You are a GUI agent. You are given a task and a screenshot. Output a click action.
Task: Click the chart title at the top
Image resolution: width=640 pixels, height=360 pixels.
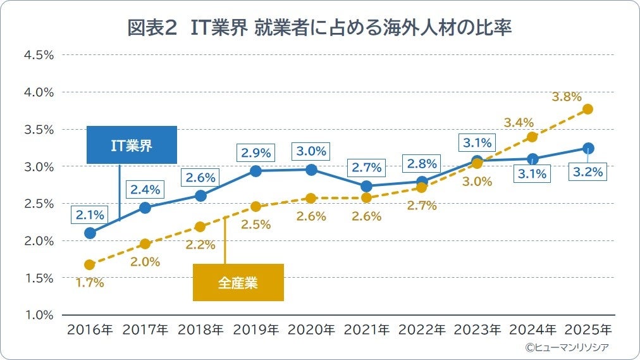coord(319,28)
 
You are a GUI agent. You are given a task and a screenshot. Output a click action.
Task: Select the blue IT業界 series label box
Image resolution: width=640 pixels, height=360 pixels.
coord(132,146)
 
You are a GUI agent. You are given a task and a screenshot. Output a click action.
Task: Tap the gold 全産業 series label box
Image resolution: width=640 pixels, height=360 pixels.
coord(238,282)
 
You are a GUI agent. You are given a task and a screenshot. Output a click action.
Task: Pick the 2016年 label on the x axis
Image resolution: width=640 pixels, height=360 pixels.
coord(89,330)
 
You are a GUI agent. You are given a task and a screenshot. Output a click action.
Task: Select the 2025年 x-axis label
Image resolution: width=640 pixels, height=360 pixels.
coord(588,330)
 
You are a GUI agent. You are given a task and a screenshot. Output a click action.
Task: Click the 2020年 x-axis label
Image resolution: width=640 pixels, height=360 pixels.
coord(311,330)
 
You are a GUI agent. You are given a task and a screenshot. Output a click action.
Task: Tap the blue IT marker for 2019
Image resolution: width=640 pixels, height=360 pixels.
coord(255,171)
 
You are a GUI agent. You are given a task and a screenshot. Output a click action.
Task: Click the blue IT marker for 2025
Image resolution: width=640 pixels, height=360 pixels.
coord(588,149)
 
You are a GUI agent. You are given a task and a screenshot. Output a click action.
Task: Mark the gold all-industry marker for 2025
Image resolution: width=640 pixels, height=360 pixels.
coord(588,109)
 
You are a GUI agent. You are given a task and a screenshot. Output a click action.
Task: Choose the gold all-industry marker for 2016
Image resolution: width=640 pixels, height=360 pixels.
coord(89,264)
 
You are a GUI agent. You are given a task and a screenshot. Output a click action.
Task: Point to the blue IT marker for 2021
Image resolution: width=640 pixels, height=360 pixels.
coord(366,186)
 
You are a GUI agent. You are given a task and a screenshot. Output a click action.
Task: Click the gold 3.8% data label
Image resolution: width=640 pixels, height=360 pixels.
coord(566,97)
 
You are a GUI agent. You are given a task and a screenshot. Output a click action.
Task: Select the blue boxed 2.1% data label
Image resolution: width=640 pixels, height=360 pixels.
coord(90,215)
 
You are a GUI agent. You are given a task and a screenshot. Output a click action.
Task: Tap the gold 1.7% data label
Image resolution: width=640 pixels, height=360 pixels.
coord(90,283)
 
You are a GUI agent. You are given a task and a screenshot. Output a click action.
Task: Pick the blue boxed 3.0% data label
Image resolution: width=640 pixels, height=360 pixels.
coord(311,152)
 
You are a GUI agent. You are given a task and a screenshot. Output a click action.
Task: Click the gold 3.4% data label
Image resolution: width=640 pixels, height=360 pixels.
coord(519,122)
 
